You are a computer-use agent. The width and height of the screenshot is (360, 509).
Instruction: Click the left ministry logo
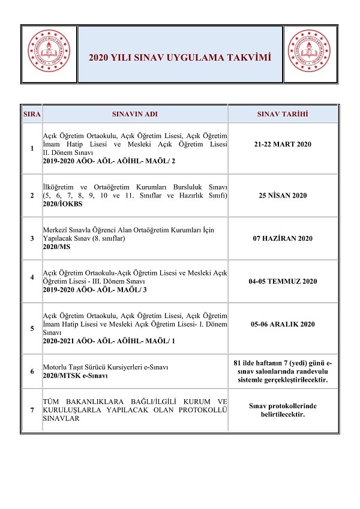coord(49,54)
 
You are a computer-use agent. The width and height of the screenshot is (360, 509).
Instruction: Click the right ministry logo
coord(310,54)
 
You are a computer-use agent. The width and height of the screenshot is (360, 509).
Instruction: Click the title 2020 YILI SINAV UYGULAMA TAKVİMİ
coord(180,58)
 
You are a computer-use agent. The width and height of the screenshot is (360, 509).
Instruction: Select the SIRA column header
coord(32,113)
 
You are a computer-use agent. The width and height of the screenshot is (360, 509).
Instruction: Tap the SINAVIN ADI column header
coord(135,113)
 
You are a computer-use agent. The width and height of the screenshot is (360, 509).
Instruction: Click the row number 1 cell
coord(32,149)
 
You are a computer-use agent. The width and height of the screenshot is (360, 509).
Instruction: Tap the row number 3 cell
coord(32,238)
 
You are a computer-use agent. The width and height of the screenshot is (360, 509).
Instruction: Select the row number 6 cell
coord(32,371)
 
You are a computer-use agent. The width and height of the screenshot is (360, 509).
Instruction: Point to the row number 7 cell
coord(32,410)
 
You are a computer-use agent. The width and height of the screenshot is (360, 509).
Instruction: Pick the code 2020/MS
coord(57,247)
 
